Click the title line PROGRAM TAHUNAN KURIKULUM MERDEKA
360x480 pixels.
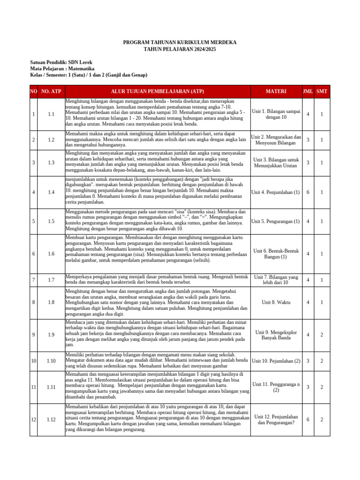(180, 43)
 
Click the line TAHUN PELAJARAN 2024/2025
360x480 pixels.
(180, 49)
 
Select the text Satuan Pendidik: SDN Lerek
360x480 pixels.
(61, 62)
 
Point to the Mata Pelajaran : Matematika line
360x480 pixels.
(62, 69)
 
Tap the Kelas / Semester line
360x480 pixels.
(89, 75)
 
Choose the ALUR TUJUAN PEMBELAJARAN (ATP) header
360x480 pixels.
(157, 91)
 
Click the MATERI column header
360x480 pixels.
(276, 91)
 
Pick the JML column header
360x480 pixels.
(307, 91)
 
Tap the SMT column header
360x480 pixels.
(322, 91)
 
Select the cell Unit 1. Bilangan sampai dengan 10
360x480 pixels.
(276, 114)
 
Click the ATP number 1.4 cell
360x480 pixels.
(51, 193)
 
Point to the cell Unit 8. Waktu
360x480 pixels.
(276, 302)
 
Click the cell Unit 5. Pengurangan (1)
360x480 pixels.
(276, 221)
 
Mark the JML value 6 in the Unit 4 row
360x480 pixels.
(307, 193)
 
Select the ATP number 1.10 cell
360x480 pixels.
(51, 361)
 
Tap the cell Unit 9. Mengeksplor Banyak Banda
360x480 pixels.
(276, 335)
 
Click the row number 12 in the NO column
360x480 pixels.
(33, 420)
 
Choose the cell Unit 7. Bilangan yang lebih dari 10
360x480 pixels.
(276, 280)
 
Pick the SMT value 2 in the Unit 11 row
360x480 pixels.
(322, 387)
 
